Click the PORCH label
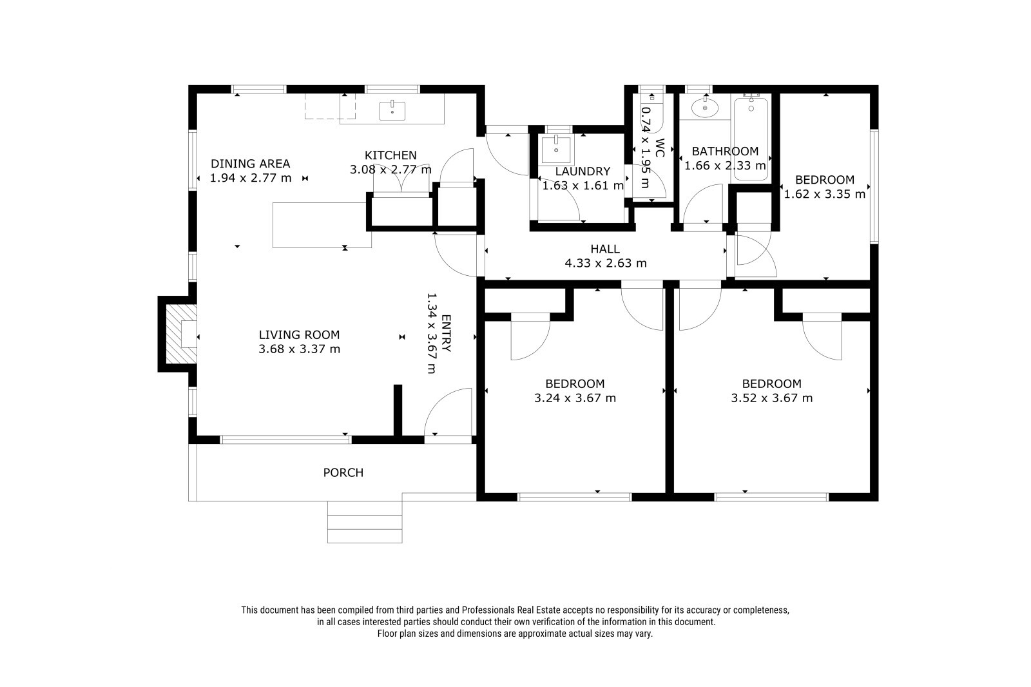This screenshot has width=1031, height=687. click(x=343, y=473)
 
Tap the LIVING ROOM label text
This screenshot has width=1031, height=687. click(x=299, y=334)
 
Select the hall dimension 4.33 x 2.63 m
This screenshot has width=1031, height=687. click(x=605, y=264)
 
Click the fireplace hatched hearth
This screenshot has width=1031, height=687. click(x=181, y=334)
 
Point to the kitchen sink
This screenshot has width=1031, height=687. click(x=392, y=111)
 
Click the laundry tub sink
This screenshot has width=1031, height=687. click(x=556, y=150)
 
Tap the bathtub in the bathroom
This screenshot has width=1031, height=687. click(x=751, y=139)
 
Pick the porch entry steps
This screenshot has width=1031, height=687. click(x=365, y=522)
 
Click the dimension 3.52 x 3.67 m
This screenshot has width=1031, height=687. click(x=771, y=398)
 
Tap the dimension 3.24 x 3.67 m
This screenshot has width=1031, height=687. click(x=575, y=398)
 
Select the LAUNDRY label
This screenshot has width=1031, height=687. click(x=583, y=171)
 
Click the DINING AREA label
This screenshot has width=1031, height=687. click(x=251, y=164)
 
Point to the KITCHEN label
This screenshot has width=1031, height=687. click(x=390, y=155)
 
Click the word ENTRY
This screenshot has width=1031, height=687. click(x=446, y=333)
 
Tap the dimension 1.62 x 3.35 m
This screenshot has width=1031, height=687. click(x=824, y=195)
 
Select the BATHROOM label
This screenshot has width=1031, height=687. click(x=725, y=151)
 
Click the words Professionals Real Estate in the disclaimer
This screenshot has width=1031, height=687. click(x=511, y=610)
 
